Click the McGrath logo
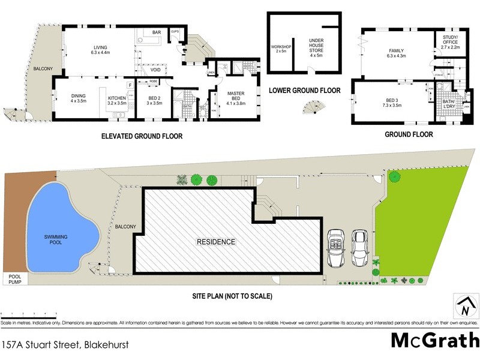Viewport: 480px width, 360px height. (434, 340)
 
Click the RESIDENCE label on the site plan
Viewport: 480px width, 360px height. (216, 242)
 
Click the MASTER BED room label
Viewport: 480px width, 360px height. (236, 97)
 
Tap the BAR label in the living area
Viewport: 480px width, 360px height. (157, 32)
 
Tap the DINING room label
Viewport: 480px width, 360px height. (79, 98)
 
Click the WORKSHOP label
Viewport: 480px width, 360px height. (281, 48)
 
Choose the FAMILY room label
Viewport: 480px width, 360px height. (397, 53)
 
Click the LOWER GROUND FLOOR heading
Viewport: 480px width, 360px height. (304, 91)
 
